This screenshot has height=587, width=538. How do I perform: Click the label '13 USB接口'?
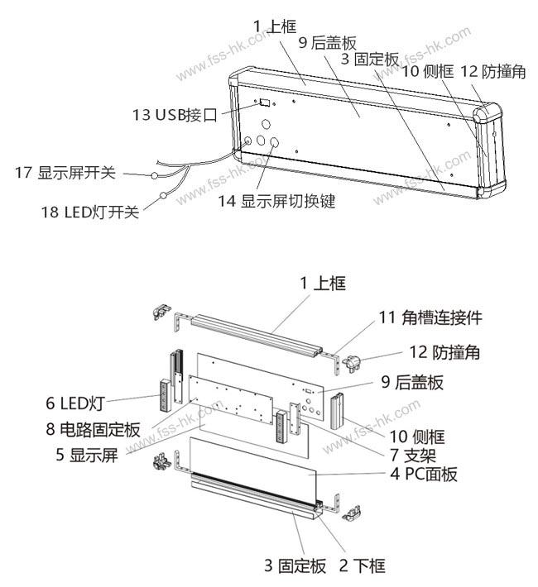[175, 115]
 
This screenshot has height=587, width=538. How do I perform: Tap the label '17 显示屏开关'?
[65, 173]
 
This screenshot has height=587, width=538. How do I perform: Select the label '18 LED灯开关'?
[90, 212]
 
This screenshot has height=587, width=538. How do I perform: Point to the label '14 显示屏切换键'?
[276, 201]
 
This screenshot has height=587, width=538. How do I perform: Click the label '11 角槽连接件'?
[430, 317]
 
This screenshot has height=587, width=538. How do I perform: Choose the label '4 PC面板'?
[424, 474]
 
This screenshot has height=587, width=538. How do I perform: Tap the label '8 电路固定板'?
[93, 429]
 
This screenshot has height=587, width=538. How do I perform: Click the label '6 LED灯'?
[74, 403]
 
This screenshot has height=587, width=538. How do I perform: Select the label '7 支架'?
[413, 456]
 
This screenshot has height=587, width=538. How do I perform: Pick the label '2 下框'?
[363, 566]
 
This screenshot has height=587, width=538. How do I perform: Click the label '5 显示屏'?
[87, 455]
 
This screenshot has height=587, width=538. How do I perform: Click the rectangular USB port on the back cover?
[265, 102]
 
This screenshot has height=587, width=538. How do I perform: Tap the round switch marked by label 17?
[154, 174]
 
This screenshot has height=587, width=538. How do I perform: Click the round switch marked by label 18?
[163, 195]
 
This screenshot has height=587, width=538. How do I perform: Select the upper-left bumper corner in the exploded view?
[161, 312]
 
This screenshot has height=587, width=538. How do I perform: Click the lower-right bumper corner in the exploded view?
[352, 513]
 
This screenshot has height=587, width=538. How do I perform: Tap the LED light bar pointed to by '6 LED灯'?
[165, 396]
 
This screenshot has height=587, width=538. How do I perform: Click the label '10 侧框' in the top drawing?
[428, 71]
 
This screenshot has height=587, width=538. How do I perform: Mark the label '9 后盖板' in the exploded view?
[412, 382]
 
